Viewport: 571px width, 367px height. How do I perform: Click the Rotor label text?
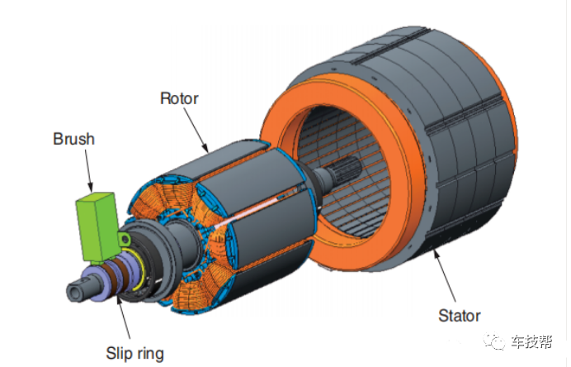pyautogui.click(x=179, y=98)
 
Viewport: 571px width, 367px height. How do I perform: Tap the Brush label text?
pyautogui.click(x=74, y=139)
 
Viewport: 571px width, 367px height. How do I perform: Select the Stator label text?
pyautogui.click(x=460, y=316)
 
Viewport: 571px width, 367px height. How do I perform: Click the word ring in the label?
pyautogui.click(x=149, y=354)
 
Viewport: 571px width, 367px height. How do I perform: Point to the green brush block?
pyautogui.click(x=97, y=227)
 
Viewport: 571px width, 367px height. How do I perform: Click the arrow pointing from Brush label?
pyautogui.click(x=88, y=171)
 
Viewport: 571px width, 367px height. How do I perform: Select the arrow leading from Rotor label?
pyautogui.click(x=196, y=130)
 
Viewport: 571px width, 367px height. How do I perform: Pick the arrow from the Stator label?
pyautogui.click(x=444, y=276)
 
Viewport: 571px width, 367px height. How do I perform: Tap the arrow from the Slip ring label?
pyautogui.click(x=123, y=317)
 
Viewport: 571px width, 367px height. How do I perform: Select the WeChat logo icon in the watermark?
pyautogui.click(x=493, y=341)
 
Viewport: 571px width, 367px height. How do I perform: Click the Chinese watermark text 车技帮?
pyautogui.click(x=531, y=342)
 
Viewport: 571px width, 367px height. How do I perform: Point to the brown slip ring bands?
pyautogui.click(x=116, y=277)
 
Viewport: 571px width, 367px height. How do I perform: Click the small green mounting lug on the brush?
pyautogui.click(x=125, y=240)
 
